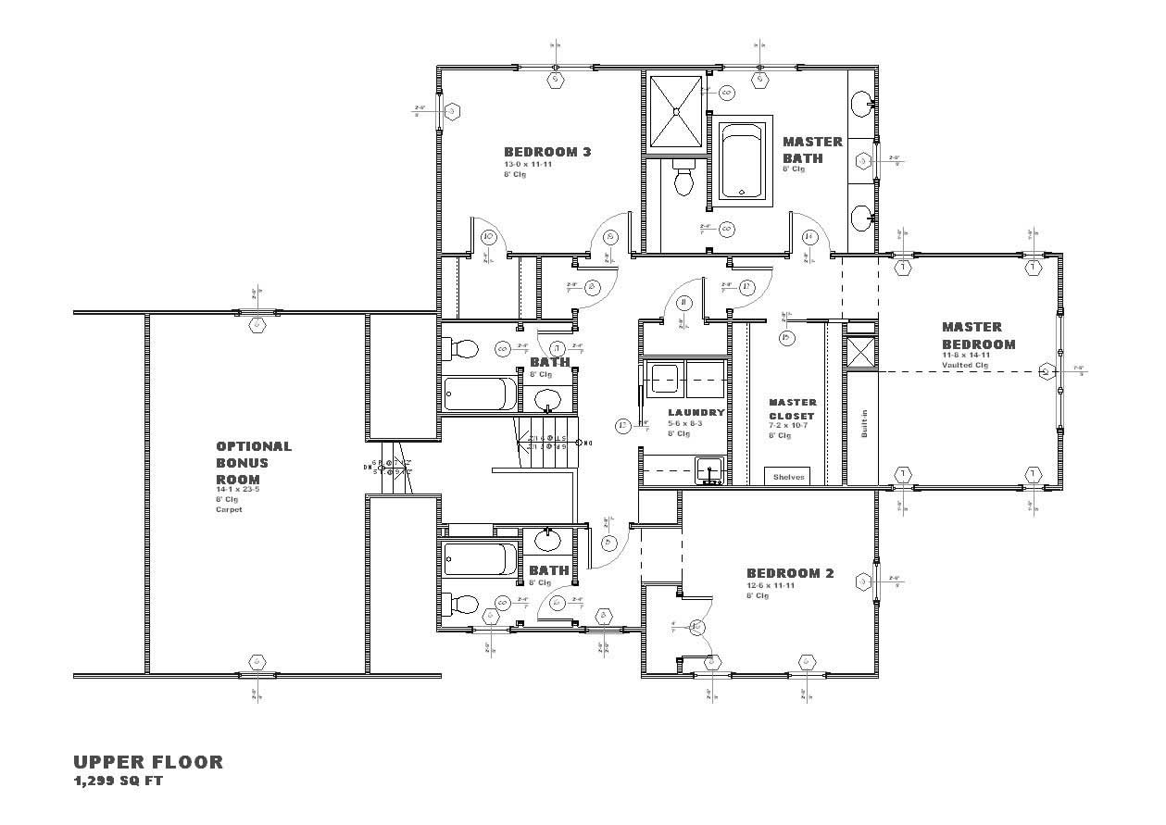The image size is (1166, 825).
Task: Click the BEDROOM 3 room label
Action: (546, 152)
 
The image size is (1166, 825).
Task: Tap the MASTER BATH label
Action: (812, 149)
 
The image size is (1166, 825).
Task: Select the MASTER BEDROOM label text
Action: (978, 335)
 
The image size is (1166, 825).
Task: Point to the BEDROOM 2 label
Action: (790, 573)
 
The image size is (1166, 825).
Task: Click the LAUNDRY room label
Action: (696, 412)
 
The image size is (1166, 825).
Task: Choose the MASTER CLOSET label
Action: (793, 409)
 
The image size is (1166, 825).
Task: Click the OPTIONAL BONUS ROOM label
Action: (253, 462)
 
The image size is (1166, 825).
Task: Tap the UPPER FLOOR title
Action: (148, 762)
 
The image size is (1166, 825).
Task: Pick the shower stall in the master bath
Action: (675, 111)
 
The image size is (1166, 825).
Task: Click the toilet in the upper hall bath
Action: (460, 349)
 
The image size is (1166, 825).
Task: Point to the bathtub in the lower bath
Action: (480, 559)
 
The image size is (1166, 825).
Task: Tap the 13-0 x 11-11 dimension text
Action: (526, 165)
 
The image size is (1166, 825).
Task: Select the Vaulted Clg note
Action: (966, 365)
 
